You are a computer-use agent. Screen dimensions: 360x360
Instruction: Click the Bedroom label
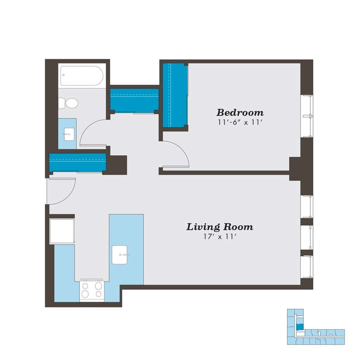tap(240, 113)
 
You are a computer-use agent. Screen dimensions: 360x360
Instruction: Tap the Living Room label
tap(219, 227)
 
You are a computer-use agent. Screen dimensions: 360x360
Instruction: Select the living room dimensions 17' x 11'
tap(220, 237)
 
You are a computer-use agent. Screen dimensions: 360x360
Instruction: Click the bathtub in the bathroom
tap(82, 76)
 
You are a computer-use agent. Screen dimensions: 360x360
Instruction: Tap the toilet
tap(69, 103)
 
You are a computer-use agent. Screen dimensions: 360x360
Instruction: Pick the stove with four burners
tap(92, 290)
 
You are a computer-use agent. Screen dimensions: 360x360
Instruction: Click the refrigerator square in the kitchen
tap(62, 232)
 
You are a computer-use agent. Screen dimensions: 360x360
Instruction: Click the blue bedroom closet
tap(175, 95)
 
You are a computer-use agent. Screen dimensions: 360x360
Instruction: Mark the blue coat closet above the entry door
tap(77, 162)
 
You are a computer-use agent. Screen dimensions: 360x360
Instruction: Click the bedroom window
tap(307, 116)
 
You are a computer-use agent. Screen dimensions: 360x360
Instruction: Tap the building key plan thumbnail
tap(315, 327)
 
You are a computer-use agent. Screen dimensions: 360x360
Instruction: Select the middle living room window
tap(307, 237)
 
